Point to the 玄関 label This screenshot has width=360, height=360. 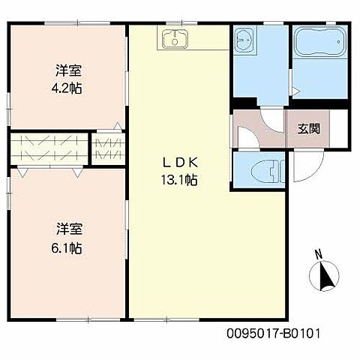point(308,128)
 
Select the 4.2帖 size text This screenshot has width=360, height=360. point(68,88)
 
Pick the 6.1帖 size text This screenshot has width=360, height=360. point(67,247)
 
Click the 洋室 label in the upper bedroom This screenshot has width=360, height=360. point(67,71)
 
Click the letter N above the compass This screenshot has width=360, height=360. point(317,253)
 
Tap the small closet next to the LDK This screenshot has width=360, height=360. point(109,147)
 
